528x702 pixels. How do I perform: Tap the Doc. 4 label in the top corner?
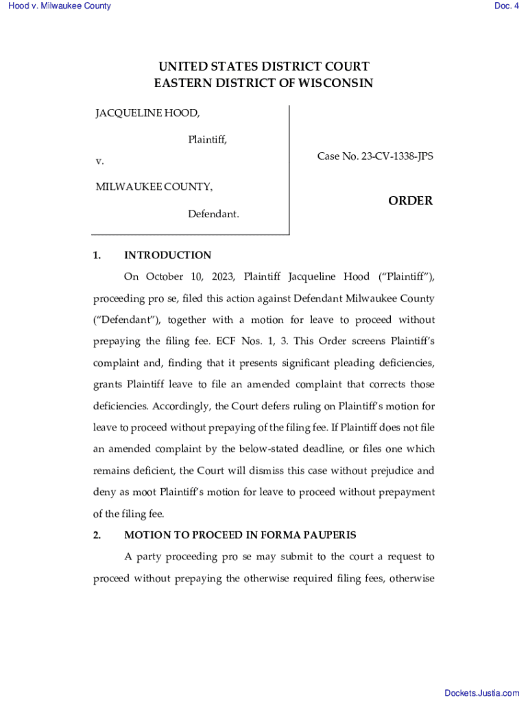[x=506, y=6]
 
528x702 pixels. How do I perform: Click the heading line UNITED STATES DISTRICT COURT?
[x=264, y=66]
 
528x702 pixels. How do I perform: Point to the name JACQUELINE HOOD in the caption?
[x=147, y=112]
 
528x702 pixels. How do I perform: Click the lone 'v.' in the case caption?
[x=99, y=161]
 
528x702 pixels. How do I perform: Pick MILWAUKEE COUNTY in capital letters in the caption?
[x=154, y=186]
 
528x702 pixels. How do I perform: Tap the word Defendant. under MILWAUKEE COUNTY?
[x=213, y=214]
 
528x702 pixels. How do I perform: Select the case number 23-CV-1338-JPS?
[x=396, y=156]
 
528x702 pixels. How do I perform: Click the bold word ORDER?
[x=410, y=201]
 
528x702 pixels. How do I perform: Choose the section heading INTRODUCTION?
[x=167, y=255]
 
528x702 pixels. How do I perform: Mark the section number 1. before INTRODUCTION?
[x=97, y=255]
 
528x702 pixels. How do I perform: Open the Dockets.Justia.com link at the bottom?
[x=482, y=694]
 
